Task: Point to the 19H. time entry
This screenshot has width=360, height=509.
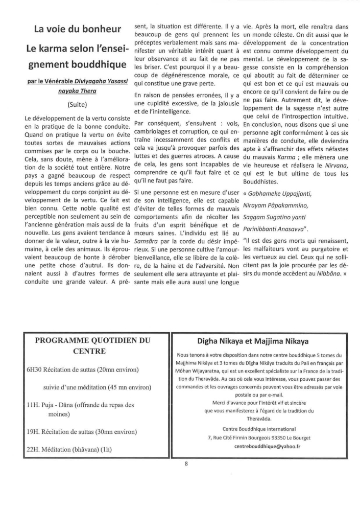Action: point(34,431)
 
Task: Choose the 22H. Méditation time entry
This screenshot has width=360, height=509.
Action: point(34,450)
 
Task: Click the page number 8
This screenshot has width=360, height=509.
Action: point(186,464)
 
